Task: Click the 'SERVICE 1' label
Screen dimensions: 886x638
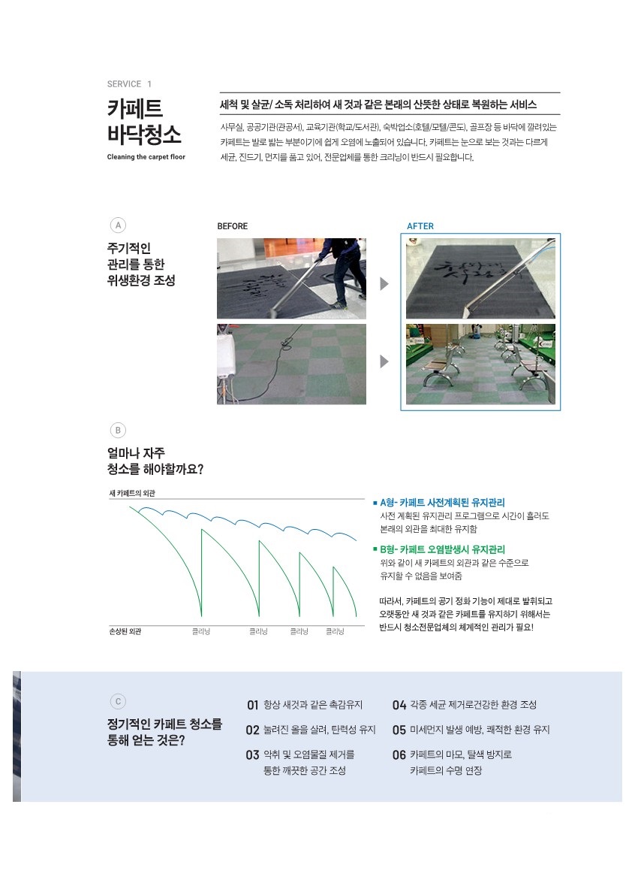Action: [x=129, y=84]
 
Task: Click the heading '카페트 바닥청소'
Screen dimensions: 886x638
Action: [x=145, y=121]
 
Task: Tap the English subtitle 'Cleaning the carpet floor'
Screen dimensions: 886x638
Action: [x=146, y=157]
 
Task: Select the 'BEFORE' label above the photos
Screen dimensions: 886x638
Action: [x=232, y=226]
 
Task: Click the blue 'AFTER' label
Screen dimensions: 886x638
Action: [x=420, y=226]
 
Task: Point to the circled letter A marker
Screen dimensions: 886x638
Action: [x=117, y=225]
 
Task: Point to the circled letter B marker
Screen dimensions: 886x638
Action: [x=117, y=431]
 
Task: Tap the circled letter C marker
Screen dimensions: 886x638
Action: [x=117, y=702]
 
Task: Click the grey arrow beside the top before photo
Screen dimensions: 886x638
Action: [x=384, y=284]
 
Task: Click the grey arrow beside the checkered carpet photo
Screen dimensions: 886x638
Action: [x=384, y=361]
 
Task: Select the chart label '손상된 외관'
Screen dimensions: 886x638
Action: [x=125, y=631]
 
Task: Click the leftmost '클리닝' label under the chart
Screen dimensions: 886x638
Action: [x=201, y=632]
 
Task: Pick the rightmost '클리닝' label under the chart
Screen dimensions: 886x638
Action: [x=335, y=632]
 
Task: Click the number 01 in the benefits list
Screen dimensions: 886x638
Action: [x=253, y=706]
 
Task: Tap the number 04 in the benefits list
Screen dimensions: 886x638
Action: [x=399, y=706]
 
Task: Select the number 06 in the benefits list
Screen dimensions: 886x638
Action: [x=399, y=755]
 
